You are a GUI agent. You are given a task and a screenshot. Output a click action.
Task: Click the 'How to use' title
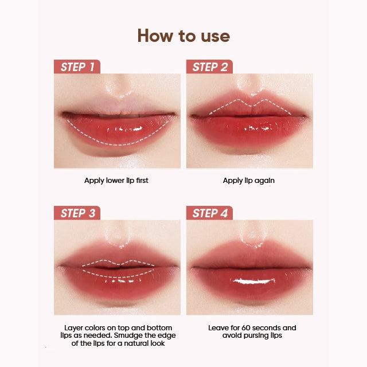(183, 36)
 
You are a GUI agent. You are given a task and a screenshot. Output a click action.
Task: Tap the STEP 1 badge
(77, 67)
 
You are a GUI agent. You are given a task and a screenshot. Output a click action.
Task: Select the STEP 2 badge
(209, 67)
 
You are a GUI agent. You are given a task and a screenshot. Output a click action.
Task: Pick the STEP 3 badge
(77, 213)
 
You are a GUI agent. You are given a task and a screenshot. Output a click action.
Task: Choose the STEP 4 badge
(209, 213)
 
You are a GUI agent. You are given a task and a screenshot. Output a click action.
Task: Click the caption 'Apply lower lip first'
(116, 181)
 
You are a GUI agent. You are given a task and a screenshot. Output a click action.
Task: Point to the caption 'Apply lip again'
(248, 181)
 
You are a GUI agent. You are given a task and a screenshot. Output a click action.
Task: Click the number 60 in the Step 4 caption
(246, 327)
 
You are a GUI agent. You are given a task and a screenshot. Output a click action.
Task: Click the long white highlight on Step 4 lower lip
(252, 281)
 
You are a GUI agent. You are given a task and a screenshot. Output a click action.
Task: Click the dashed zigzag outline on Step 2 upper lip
(251, 106)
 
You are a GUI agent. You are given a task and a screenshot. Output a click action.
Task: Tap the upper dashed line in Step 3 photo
(118, 264)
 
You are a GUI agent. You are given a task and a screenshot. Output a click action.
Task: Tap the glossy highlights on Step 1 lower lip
(124, 129)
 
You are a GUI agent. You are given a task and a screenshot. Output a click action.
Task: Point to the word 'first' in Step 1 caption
(142, 181)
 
